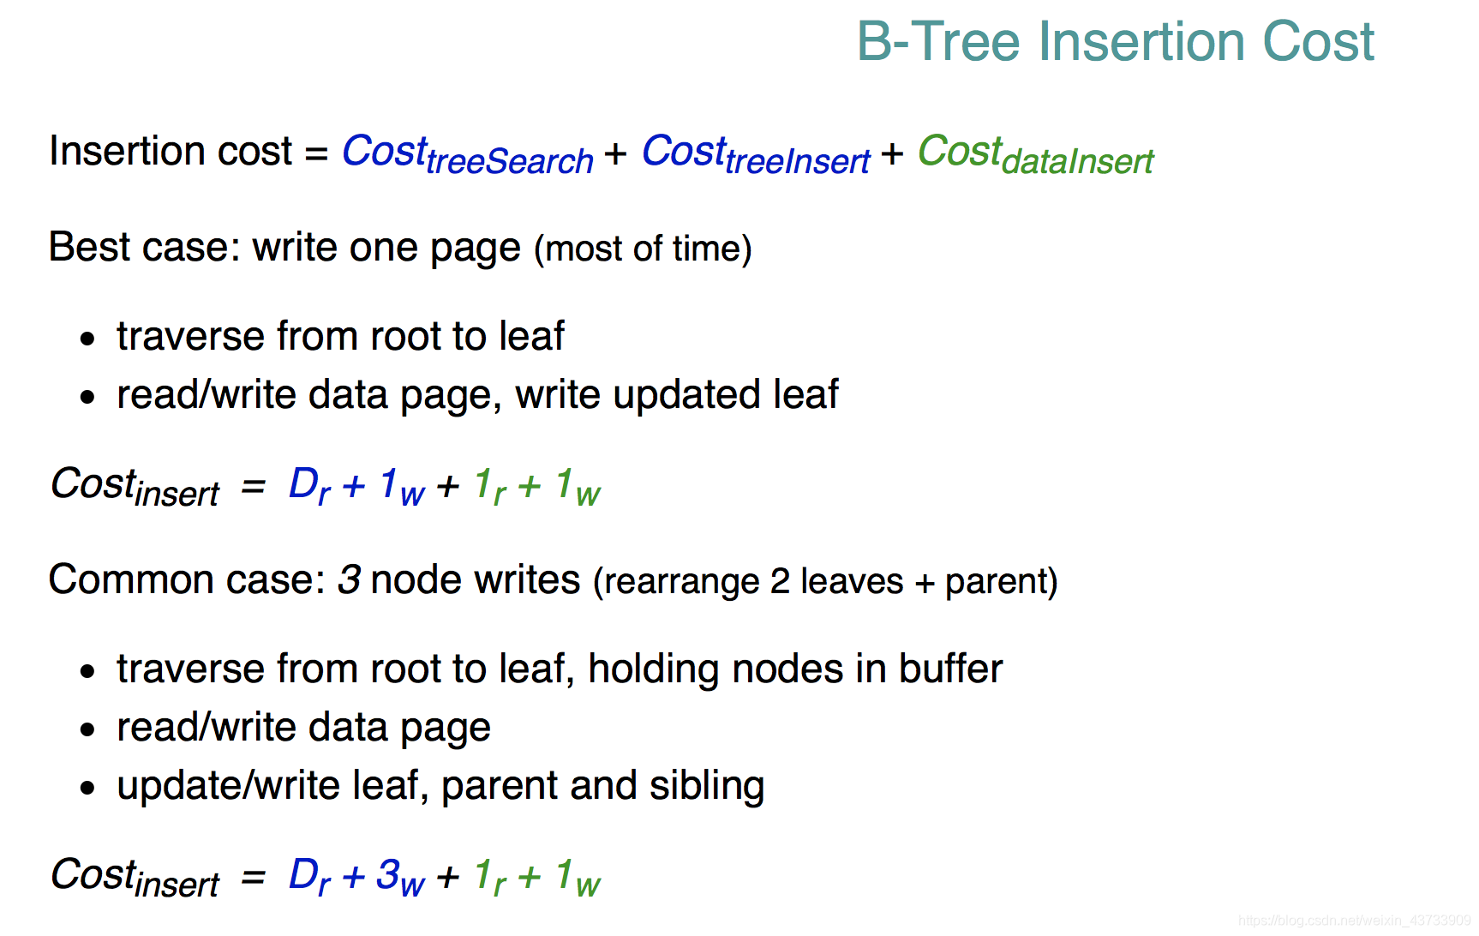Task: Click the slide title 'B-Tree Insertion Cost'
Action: tap(1116, 41)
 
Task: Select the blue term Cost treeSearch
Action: tap(468, 154)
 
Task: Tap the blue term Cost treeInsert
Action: tap(757, 154)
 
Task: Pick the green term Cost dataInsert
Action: tap(1036, 154)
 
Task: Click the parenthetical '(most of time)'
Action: tap(643, 249)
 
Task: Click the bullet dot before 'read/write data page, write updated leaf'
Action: tap(87, 397)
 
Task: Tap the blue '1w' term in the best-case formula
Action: tap(402, 486)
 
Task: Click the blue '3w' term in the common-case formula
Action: tap(401, 877)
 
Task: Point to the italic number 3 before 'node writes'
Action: tap(349, 579)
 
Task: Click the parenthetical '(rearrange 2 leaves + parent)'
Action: tap(825, 581)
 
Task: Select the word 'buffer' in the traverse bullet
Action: tap(950, 669)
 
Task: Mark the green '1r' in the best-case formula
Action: tap(490, 486)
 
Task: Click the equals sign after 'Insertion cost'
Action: tap(317, 154)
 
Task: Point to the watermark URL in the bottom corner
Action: tap(1355, 921)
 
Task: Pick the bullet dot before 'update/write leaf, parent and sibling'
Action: tap(87, 788)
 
